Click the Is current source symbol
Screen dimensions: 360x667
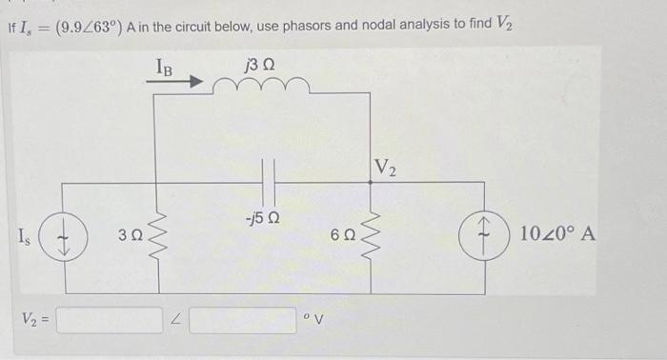tap(65, 232)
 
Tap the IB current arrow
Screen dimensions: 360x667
tap(175, 83)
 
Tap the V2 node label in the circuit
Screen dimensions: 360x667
tap(386, 170)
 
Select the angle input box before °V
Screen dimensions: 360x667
tap(242, 318)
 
